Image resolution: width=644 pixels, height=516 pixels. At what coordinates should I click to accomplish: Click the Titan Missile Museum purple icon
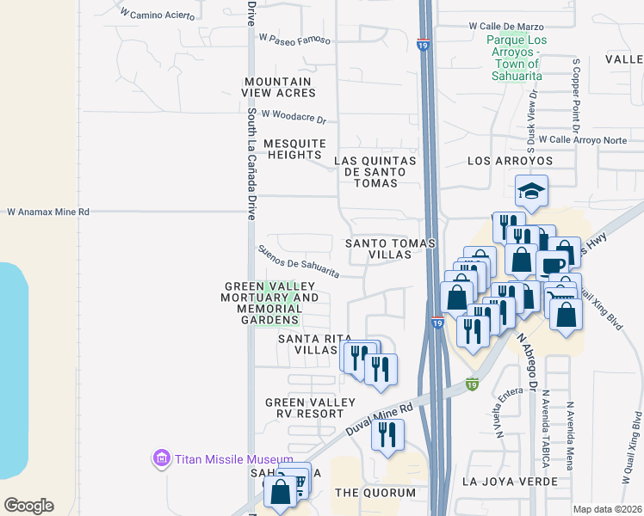tap(161, 458)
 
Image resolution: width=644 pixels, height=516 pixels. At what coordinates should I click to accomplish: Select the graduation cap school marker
tap(531, 193)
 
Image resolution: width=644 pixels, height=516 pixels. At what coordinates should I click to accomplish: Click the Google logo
tap(28, 505)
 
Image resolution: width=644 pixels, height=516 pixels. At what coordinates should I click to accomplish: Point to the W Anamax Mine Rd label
tap(48, 212)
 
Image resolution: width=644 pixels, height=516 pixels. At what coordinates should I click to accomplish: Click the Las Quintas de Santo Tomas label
tap(375, 171)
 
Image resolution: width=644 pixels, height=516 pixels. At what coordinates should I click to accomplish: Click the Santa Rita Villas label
tap(306, 344)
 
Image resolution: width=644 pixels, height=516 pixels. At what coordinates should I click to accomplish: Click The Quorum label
tap(375, 493)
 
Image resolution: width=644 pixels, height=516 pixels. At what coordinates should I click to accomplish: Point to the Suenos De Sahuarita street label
tap(298, 261)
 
